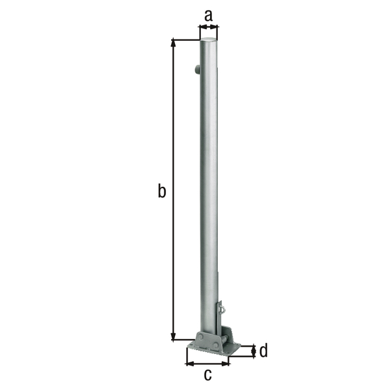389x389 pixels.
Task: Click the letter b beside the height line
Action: coord(162,191)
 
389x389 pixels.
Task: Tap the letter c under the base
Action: coord(208,374)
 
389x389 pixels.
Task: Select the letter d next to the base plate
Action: coord(263,351)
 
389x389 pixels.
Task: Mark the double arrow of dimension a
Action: coord(208,27)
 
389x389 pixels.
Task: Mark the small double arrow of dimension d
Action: coord(252,351)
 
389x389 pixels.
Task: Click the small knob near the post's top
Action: coord(196,71)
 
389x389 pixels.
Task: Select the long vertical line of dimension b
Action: coord(173,188)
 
